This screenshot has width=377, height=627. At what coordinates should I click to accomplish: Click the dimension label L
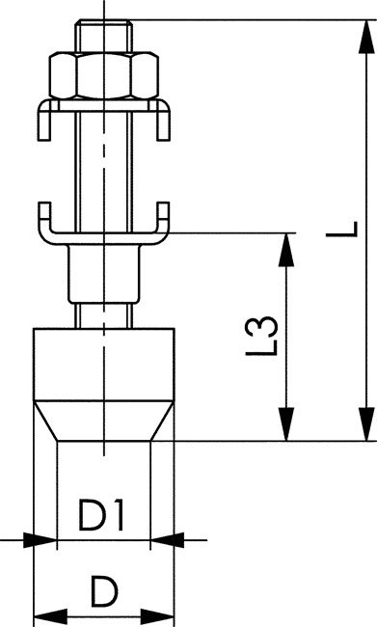point(353,229)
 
